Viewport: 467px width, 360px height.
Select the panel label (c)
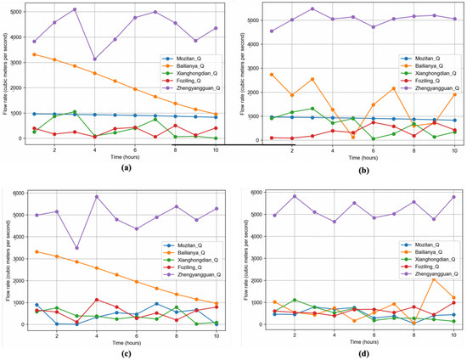[x=119, y=352]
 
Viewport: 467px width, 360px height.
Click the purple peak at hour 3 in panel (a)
[x=75, y=10]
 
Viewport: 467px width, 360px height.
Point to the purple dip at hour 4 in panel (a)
[x=95, y=59]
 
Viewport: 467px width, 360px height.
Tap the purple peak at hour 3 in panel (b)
[x=312, y=9]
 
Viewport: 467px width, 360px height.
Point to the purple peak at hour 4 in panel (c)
[x=95, y=196]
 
